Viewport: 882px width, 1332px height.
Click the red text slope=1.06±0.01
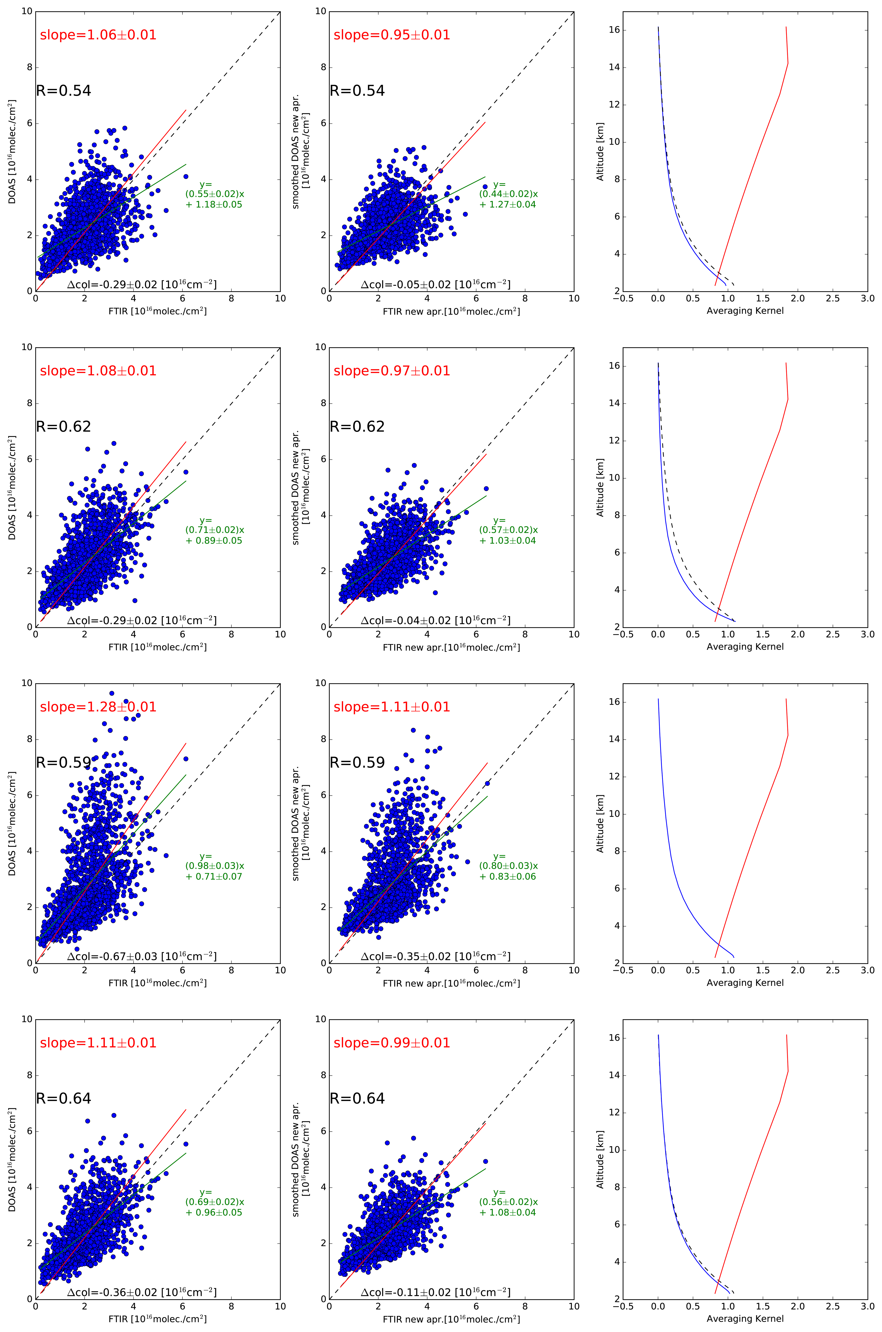(98, 35)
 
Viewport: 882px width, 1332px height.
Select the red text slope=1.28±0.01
(98, 707)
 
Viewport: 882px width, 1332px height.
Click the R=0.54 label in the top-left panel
(64, 91)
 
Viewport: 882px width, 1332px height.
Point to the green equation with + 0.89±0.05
(214, 530)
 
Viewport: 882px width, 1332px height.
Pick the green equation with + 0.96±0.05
(214, 1202)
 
